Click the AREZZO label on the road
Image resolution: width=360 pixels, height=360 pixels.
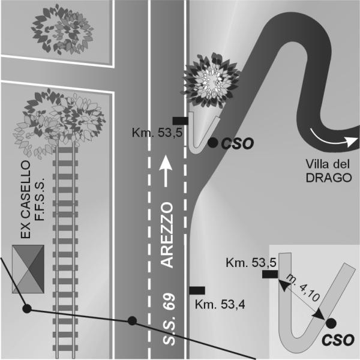click(x=166, y=235)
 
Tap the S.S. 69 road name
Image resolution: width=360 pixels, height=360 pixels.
click(x=169, y=319)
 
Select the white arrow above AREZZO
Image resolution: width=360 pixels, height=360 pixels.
click(x=166, y=171)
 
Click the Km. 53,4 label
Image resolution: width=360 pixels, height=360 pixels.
click(x=220, y=305)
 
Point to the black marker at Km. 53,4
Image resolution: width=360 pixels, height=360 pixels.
click(x=197, y=290)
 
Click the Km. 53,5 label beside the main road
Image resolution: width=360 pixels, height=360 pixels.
click(x=157, y=133)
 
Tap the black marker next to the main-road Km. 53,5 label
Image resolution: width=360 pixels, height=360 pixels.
click(x=181, y=121)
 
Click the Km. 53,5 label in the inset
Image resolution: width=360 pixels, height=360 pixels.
click(x=251, y=263)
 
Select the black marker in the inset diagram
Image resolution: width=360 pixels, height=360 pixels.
click(x=270, y=274)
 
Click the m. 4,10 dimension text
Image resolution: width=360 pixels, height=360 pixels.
click(x=303, y=288)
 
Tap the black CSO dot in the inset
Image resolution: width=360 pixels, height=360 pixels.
click(x=331, y=323)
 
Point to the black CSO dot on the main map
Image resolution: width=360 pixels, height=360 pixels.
click(x=213, y=143)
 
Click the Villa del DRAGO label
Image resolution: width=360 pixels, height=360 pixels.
click(x=329, y=171)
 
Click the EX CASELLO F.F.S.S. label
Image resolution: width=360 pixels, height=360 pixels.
click(x=32, y=199)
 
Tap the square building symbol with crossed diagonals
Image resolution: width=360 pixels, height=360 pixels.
click(x=28, y=269)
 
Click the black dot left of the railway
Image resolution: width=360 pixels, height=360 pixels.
click(x=27, y=309)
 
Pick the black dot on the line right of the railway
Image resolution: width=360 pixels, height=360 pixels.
click(x=132, y=321)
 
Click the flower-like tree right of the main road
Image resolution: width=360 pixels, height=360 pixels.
click(x=211, y=81)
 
